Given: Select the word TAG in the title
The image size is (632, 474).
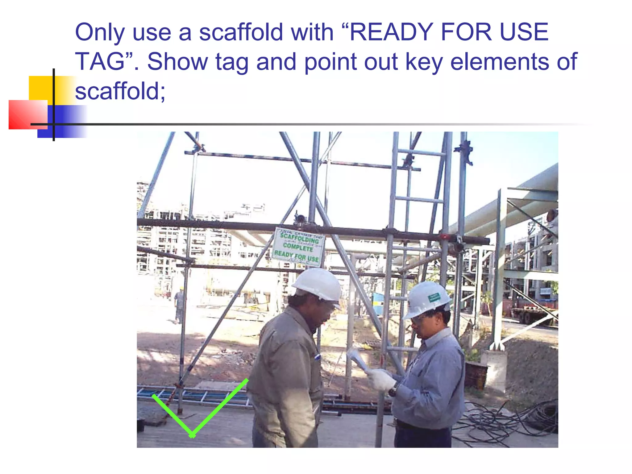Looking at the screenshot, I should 99,62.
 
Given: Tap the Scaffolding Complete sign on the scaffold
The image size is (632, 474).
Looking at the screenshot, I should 298,247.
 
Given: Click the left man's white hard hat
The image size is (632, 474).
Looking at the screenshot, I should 318,284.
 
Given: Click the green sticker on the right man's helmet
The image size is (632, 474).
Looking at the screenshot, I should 434,297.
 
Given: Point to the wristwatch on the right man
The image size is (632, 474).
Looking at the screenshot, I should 393,391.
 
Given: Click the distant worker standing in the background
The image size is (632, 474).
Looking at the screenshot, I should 179,306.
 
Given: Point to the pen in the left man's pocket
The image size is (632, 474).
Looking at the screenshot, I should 317,357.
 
